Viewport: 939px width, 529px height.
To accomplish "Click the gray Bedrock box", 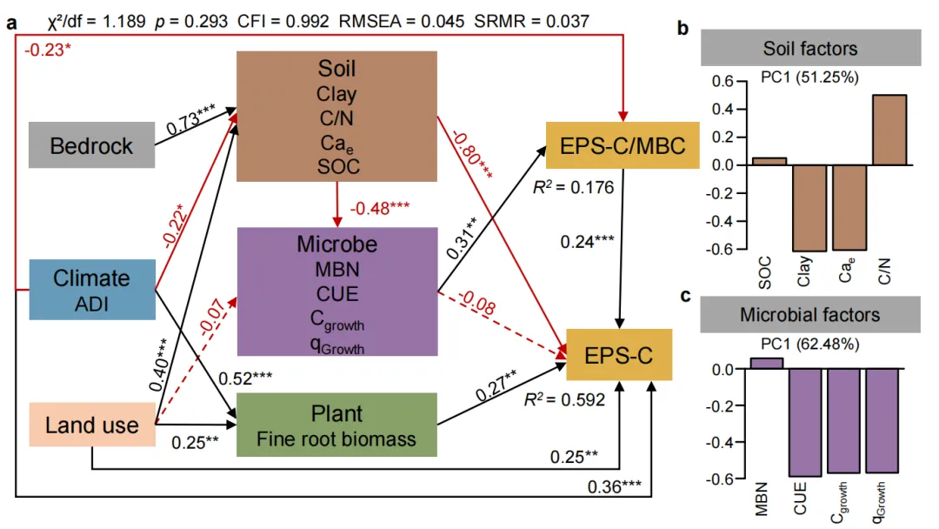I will click(x=91, y=144).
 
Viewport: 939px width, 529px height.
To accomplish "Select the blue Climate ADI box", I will click(x=91, y=289).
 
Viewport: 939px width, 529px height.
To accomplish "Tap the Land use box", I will click(x=91, y=425).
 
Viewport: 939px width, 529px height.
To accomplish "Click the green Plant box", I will click(x=336, y=425).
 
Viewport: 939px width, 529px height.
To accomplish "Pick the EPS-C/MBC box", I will click(x=622, y=145).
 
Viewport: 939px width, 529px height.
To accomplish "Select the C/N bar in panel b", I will click(x=887, y=130).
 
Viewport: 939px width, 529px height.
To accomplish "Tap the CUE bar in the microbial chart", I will click(x=805, y=423).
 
